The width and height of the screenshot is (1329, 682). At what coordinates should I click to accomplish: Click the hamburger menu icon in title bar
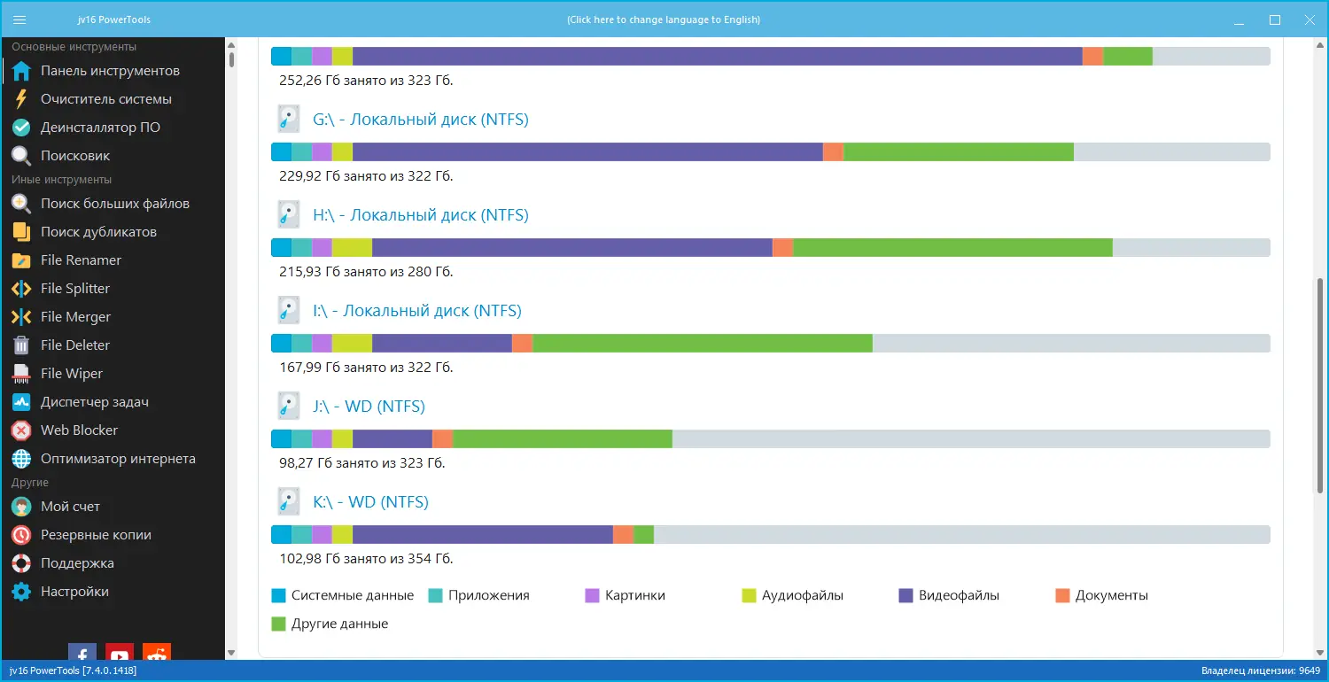(x=20, y=19)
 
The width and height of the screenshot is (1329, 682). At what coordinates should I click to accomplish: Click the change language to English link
(x=664, y=19)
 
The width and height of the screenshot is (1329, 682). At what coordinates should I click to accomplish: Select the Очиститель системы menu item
(x=105, y=99)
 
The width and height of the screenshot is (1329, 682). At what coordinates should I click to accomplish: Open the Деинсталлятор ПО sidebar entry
(x=100, y=128)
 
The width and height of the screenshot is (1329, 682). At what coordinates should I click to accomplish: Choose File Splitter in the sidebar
(x=74, y=289)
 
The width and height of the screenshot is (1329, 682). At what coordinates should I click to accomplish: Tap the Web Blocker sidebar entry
(x=79, y=430)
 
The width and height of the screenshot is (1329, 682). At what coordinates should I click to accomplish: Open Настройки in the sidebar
(x=74, y=592)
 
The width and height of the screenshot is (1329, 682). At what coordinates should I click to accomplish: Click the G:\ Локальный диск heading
(x=420, y=120)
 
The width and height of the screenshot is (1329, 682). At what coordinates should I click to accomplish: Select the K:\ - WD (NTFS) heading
(x=370, y=502)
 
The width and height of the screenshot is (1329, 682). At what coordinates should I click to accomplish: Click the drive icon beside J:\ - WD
(x=288, y=407)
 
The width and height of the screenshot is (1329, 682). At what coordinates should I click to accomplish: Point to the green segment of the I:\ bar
(x=703, y=344)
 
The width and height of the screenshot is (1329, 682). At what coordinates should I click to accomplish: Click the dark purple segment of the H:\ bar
(x=572, y=248)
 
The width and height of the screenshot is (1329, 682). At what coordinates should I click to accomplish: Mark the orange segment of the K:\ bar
(x=623, y=535)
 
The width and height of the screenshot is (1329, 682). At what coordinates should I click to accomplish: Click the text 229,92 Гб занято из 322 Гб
(x=365, y=176)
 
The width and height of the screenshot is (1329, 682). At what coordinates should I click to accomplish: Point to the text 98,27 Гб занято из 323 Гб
(x=361, y=463)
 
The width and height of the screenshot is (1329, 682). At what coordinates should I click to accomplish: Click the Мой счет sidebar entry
(x=70, y=507)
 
